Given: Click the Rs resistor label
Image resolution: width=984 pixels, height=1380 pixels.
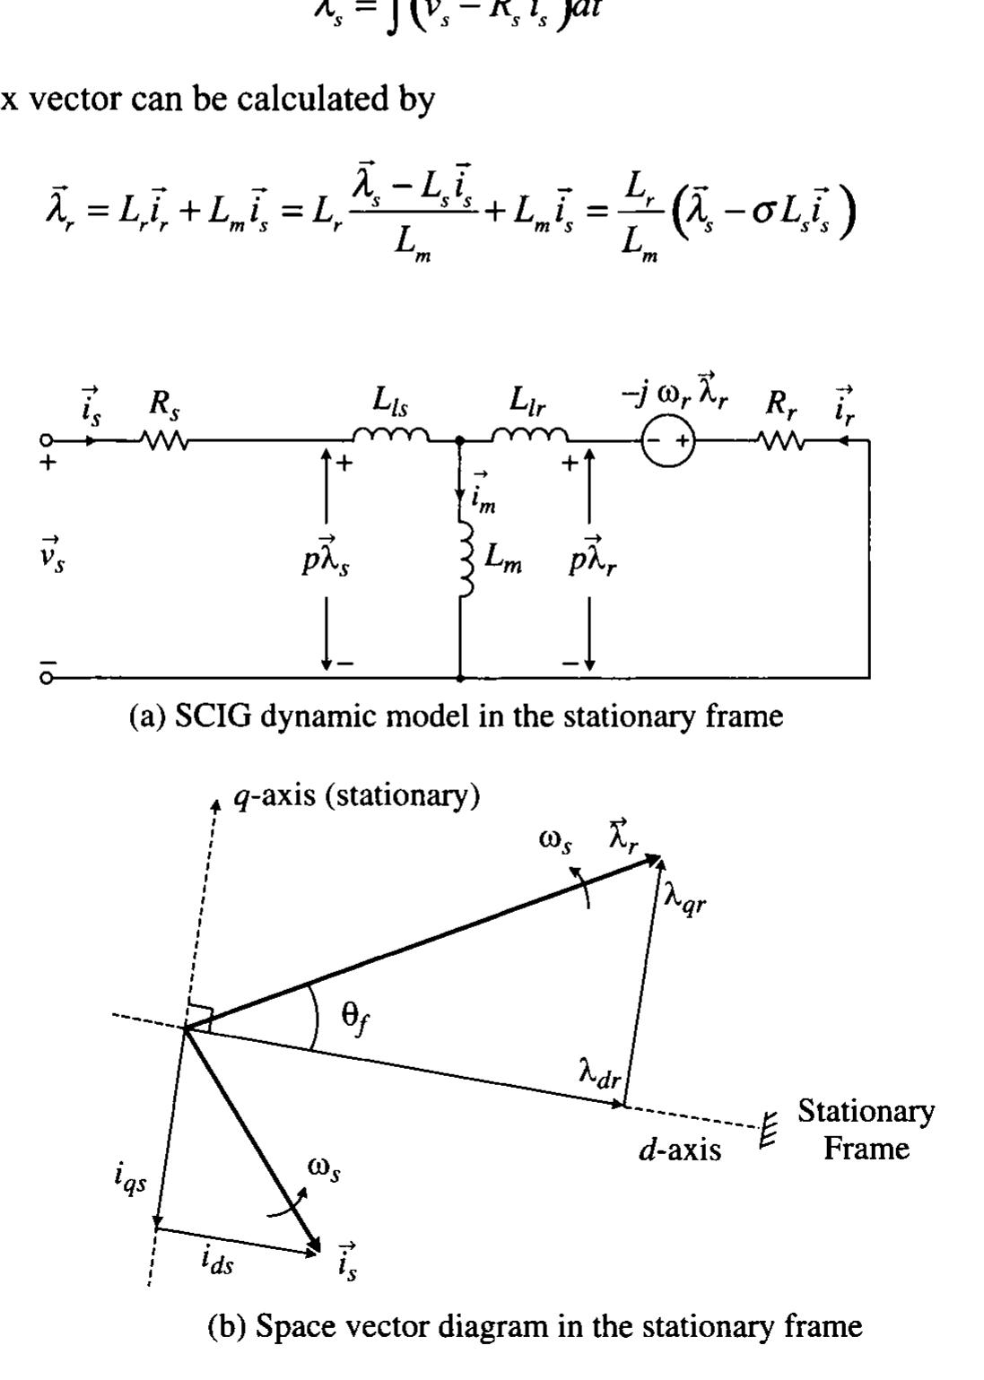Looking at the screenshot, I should coord(164,405).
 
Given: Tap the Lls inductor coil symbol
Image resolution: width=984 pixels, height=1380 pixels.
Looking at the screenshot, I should coord(390,436).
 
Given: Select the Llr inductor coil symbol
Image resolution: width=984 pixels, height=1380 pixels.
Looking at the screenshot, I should coord(529,436).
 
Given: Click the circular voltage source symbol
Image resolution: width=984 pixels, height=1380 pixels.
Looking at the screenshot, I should coord(668,441).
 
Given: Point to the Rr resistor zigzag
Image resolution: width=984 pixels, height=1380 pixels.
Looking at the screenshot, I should coord(781,440).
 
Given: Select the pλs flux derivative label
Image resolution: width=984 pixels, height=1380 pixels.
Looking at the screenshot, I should coord(326,559).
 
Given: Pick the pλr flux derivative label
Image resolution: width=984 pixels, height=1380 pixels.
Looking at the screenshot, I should coord(592,559).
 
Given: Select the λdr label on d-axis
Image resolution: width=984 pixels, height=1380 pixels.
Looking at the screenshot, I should coord(599,1072).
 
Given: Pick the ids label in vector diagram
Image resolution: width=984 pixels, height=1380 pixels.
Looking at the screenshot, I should coord(216,1262).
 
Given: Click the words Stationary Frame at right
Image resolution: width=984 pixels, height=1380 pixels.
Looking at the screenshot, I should coord(866,1129).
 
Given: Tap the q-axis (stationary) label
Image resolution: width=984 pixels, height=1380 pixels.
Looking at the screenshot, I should coord(356,795).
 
